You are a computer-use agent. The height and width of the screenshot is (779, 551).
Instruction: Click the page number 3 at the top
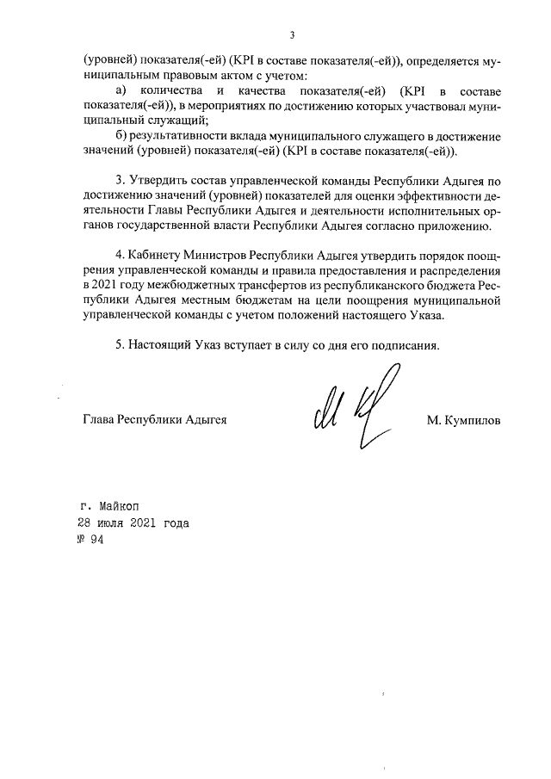click(x=292, y=35)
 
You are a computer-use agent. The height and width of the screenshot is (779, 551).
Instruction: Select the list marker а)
click(x=121, y=90)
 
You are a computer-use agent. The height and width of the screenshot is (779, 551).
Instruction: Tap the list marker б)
click(x=121, y=136)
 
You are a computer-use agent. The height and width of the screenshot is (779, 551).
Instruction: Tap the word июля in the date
click(x=112, y=522)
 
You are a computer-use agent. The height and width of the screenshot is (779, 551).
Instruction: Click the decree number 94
click(x=96, y=541)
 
